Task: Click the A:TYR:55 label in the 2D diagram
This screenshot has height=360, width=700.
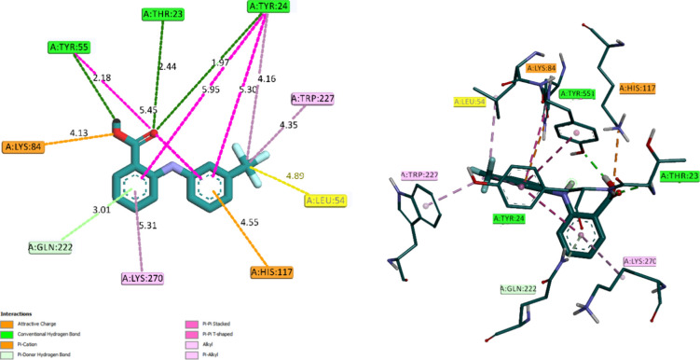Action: (x=75, y=47)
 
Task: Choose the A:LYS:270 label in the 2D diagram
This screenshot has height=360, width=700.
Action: (x=148, y=278)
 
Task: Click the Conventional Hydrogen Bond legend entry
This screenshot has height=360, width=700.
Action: (x=47, y=332)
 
